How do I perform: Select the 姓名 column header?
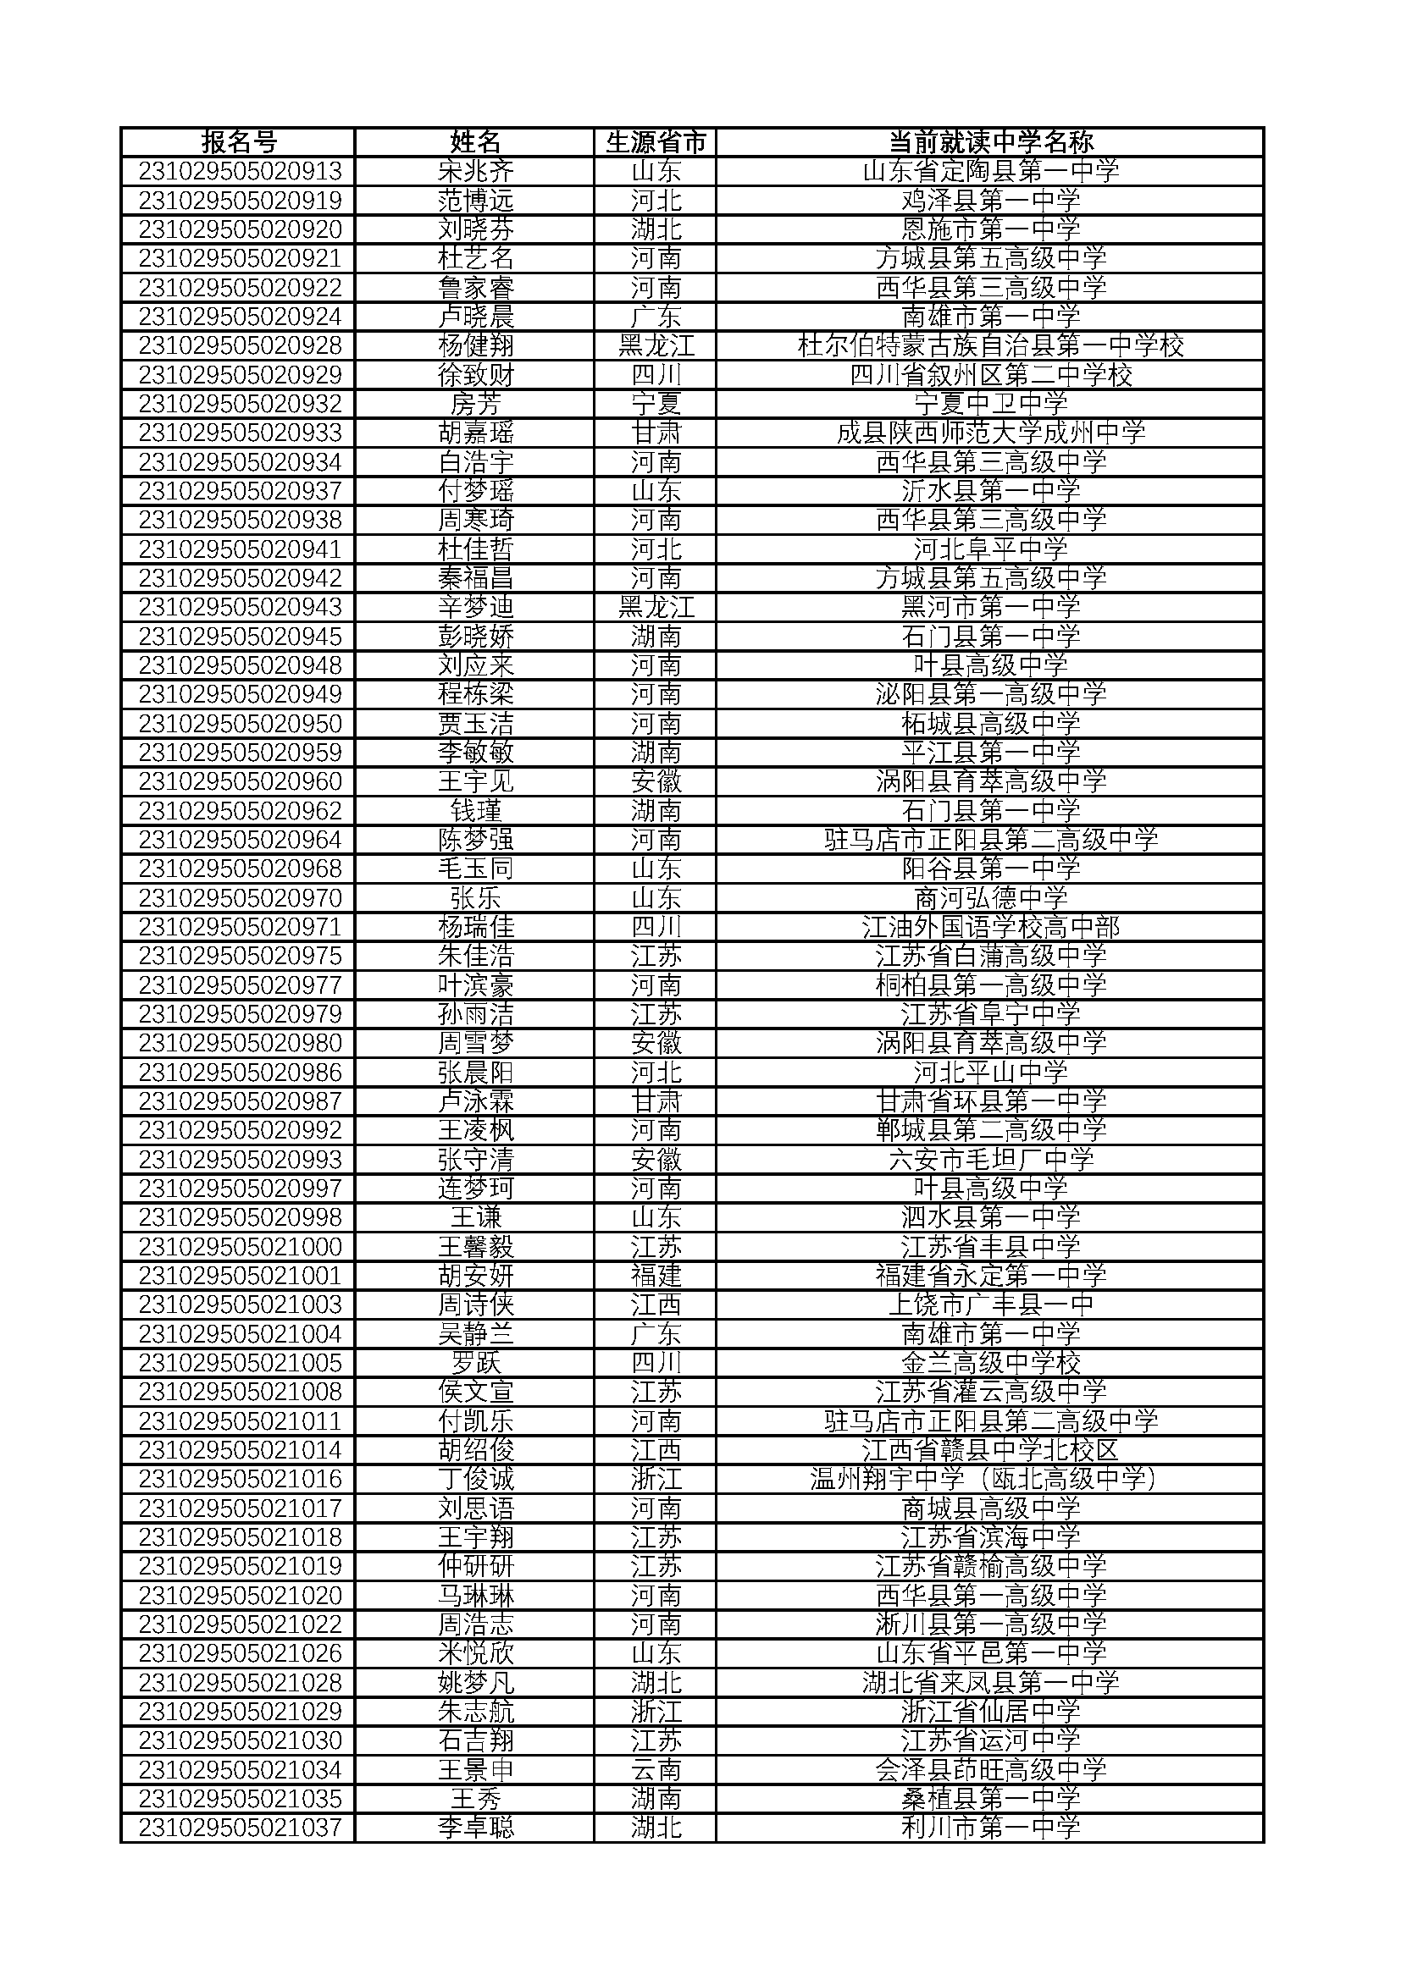pyautogui.click(x=475, y=142)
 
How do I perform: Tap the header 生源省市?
pyautogui.click(x=656, y=142)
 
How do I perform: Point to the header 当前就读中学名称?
pyautogui.click(x=990, y=142)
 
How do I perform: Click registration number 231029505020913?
pyautogui.click(x=240, y=172)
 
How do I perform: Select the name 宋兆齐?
pyautogui.click(x=475, y=172)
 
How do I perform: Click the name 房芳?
pyautogui.click(x=475, y=404)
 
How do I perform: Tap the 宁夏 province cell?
pyautogui.click(x=656, y=404)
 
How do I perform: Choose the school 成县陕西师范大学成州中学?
pyautogui.click(x=990, y=433)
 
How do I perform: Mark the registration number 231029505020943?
pyautogui.click(x=240, y=607)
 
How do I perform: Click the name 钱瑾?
pyautogui.click(x=475, y=811)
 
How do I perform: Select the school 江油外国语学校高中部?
pyautogui.click(x=990, y=927)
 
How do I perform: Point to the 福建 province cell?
pyautogui.click(x=656, y=1276)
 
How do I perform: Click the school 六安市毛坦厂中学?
pyautogui.click(x=990, y=1159)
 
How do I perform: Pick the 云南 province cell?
pyautogui.click(x=656, y=1769)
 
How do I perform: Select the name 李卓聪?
pyautogui.click(x=475, y=1828)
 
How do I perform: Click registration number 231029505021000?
pyautogui.click(x=240, y=1247)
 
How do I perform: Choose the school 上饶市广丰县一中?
pyautogui.click(x=990, y=1304)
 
